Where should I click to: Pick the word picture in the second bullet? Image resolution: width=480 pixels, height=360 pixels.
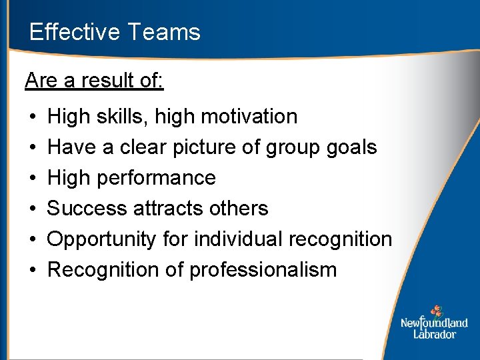[201, 147]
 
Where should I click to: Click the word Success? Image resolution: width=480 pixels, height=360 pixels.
[87, 209]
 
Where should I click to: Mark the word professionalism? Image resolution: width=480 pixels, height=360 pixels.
[263, 270]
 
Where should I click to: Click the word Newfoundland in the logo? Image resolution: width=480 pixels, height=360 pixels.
[434, 323]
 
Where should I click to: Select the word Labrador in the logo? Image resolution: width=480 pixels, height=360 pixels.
[434, 334]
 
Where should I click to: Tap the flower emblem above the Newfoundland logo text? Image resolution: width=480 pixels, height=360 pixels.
[437, 311]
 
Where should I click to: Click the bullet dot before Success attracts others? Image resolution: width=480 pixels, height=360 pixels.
[33, 209]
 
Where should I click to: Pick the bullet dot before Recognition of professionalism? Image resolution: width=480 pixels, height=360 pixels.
[33, 271]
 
